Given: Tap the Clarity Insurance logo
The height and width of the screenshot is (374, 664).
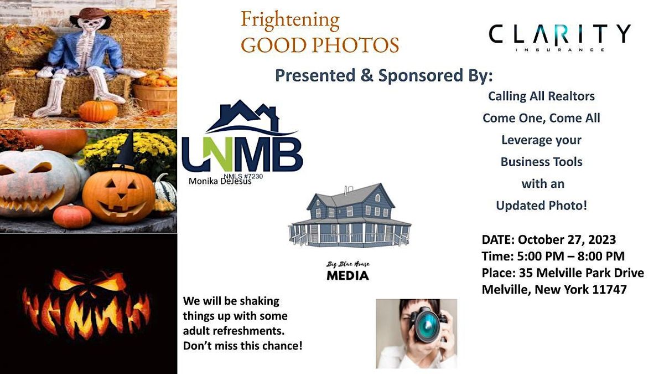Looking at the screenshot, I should click(559, 35).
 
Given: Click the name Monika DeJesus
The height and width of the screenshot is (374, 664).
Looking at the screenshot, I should click(220, 181).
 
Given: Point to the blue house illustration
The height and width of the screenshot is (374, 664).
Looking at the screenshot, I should click(349, 216).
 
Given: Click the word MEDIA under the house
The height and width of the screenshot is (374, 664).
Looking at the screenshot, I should click(347, 275).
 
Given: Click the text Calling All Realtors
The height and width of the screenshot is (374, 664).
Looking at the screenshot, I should click(541, 96).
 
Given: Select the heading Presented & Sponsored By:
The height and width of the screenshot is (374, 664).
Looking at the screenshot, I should click(383, 75).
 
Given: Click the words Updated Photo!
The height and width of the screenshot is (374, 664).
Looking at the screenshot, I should click(541, 206).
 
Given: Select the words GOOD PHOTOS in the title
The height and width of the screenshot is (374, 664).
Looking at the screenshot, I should click(320, 45).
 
